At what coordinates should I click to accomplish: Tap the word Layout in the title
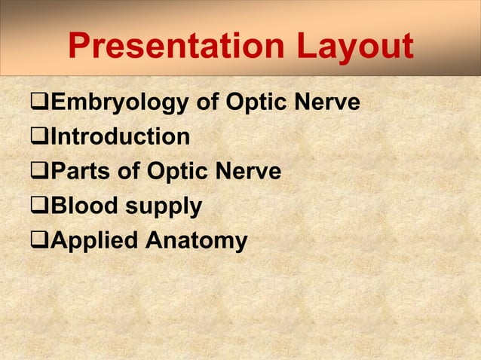coord(354,48)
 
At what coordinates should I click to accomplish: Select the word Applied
coord(93,242)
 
